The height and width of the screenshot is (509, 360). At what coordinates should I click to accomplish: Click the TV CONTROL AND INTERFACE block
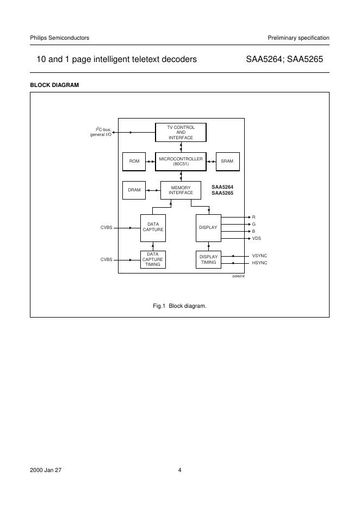[x=181, y=132]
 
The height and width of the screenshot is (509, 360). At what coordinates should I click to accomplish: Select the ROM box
[x=134, y=161]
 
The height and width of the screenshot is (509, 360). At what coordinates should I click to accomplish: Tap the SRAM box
[x=227, y=161]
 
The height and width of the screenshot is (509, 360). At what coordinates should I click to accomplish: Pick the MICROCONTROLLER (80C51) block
[x=181, y=161]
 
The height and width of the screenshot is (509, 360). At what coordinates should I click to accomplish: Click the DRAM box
[x=134, y=190]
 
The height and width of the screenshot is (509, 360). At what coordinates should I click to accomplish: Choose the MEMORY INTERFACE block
[x=181, y=190]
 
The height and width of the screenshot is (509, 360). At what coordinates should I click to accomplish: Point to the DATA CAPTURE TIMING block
[x=153, y=259]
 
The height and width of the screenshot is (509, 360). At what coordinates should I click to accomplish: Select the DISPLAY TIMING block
[x=208, y=259]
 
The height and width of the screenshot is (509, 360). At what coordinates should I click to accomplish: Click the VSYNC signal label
[x=259, y=256]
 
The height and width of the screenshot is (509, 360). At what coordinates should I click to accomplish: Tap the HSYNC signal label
[x=259, y=263]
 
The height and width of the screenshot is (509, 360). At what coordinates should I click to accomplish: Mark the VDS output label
[x=256, y=238]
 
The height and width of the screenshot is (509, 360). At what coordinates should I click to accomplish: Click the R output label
[x=253, y=217]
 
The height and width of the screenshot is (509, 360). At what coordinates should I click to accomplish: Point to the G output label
[x=253, y=224]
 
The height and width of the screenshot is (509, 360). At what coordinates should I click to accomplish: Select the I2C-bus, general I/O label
[x=101, y=132]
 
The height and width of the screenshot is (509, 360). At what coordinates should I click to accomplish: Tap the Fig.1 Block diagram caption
[x=179, y=306]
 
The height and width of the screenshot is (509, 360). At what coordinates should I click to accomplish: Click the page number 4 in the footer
[x=179, y=470]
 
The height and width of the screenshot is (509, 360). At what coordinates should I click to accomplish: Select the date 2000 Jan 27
[x=46, y=470]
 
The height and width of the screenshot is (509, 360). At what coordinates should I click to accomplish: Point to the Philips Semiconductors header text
[x=59, y=38]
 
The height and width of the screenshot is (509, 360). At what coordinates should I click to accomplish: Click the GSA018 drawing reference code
[x=238, y=277]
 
